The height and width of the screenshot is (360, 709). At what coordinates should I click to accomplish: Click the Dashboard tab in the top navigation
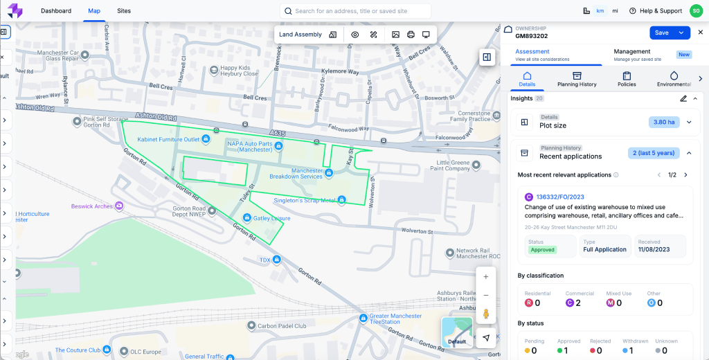click(x=56, y=11)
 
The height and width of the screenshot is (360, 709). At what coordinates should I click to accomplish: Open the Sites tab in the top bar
click(x=124, y=11)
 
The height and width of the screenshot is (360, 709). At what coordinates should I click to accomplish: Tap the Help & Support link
click(x=656, y=11)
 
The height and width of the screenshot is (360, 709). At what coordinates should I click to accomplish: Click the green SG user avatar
click(x=695, y=11)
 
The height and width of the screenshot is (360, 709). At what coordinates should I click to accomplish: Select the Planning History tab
click(x=577, y=79)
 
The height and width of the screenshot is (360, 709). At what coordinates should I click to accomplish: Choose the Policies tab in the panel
click(x=627, y=79)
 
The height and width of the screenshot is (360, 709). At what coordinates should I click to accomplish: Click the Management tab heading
click(x=632, y=52)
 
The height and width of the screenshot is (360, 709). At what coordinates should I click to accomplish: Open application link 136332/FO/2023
click(x=561, y=197)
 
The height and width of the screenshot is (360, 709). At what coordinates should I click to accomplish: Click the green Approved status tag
click(x=544, y=249)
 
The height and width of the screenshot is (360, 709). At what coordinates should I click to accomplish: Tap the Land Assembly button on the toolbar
click(x=300, y=35)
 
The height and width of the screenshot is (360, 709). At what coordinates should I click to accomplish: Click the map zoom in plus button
click(x=485, y=277)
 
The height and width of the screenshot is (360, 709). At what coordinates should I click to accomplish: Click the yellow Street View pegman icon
click(x=485, y=314)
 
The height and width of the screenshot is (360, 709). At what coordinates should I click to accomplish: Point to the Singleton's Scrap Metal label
click(x=305, y=201)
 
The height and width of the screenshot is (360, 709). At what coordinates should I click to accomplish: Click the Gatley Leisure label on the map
click(x=271, y=218)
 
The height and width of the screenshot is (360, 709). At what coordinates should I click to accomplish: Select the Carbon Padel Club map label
click(x=281, y=326)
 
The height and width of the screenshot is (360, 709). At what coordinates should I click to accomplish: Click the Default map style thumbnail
click(x=457, y=332)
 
